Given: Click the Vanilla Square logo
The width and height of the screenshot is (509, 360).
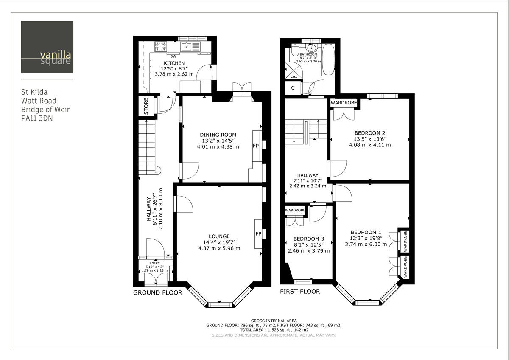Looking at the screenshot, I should click(x=47, y=47).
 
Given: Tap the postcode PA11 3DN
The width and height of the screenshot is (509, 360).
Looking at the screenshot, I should click(x=37, y=118).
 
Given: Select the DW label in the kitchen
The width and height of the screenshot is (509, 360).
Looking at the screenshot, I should click(x=173, y=56).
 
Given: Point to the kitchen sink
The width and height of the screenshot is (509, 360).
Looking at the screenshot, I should click(x=187, y=46).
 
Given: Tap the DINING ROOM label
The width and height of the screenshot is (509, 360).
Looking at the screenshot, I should click(x=218, y=135).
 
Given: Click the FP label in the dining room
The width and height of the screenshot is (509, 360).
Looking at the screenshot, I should click(x=256, y=146).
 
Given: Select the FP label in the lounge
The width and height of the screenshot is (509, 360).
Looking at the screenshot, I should click(x=258, y=233).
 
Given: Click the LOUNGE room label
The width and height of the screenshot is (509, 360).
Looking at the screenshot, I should click(x=219, y=236).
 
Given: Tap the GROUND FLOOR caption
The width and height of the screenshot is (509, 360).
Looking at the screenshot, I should click(x=157, y=293).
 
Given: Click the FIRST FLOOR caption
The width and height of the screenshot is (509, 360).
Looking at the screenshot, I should click(x=299, y=292).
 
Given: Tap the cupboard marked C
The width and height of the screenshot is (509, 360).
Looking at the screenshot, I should click(x=293, y=88).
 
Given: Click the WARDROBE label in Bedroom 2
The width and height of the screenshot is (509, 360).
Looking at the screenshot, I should click(x=344, y=103).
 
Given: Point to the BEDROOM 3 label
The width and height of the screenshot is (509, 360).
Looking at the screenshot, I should click(x=308, y=239).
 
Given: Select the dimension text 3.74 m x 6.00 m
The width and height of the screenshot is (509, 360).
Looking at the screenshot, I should click(x=366, y=244).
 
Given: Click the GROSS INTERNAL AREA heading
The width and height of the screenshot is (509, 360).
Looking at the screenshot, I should click(x=274, y=321).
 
